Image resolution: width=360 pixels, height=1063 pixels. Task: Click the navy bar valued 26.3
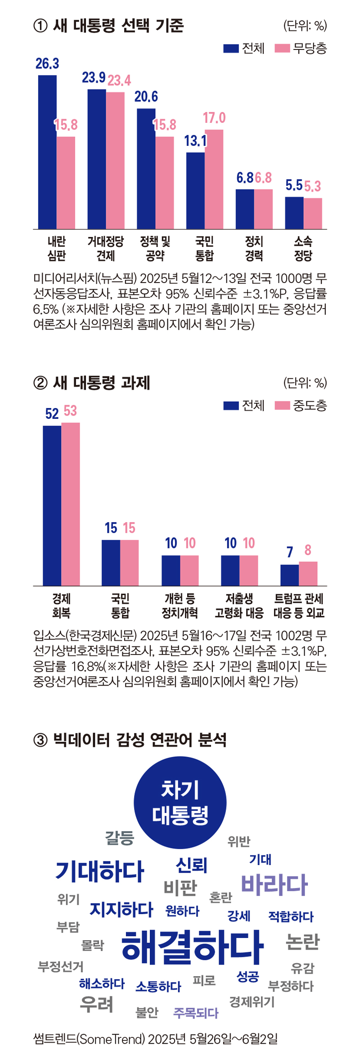coord(47,152)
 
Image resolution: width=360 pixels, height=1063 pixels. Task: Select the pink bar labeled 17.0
coord(214,179)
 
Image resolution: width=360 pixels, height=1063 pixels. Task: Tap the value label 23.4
coord(119,81)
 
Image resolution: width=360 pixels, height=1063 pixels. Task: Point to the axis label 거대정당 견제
coord(106,249)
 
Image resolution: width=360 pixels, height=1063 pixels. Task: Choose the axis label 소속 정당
coord(303,249)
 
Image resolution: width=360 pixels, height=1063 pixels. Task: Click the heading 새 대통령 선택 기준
coord(118,26)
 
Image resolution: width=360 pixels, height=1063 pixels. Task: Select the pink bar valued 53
coord(71,504)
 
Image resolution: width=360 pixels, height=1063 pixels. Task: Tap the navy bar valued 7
coord(289,575)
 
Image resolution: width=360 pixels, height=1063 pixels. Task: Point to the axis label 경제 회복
coord(61,606)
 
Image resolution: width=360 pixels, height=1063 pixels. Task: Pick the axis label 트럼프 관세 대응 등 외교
coord(299,606)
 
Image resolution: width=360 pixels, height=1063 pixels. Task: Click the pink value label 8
coord(308,550)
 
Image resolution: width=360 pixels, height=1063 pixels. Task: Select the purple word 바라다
coord(274,884)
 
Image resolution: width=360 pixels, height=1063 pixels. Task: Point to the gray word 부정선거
coord(61,966)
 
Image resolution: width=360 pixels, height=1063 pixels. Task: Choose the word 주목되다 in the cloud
coord(196,1013)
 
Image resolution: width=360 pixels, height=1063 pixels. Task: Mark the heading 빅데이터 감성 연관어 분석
coord(139,740)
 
